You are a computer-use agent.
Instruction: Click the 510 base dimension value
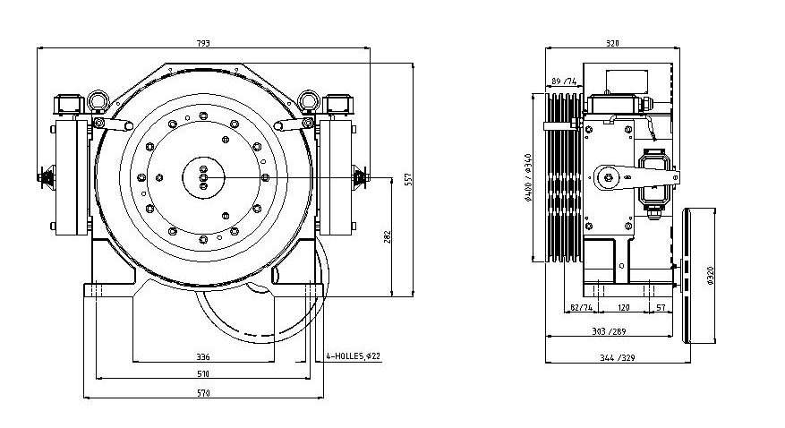click(x=204, y=373)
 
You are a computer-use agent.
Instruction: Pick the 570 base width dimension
click(x=204, y=394)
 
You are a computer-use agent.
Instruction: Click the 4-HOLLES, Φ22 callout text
click(x=354, y=356)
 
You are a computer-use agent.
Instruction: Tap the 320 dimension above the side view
click(x=612, y=42)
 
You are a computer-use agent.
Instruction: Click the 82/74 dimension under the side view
click(x=581, y=307)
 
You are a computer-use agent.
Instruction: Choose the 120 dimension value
click(x=624, y=307)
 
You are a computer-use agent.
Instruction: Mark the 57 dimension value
click(x=659, y=307)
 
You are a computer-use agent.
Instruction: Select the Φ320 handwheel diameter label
click(x=709, y=276)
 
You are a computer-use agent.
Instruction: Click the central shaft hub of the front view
click(x=203, y=176)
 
